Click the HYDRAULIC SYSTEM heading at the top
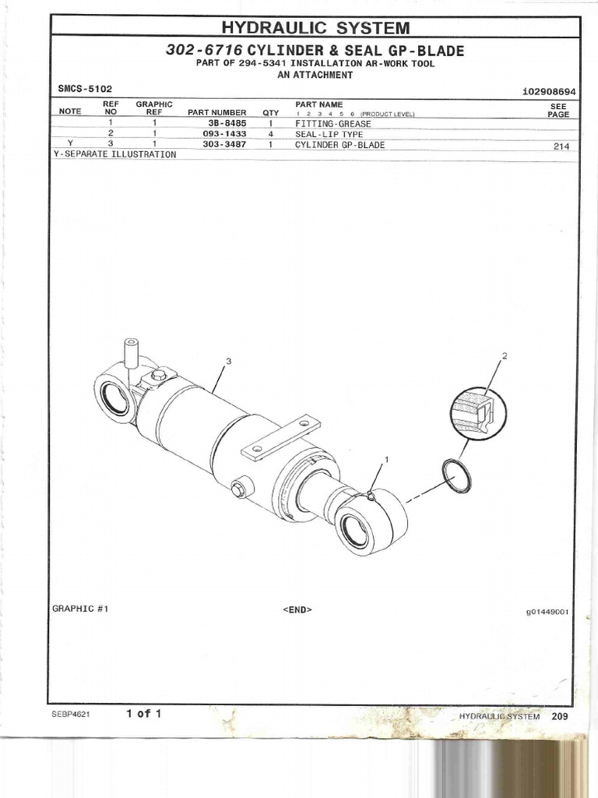tap(315, 28)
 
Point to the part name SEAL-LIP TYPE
tap(329, 134)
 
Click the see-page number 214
tap(561, 146)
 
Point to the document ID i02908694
tap(549, 91)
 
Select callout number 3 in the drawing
tap(229, 361)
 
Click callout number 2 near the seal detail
tap(505, 356)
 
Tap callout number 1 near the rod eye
tap(387, 460)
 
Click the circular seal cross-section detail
tap(477, 411)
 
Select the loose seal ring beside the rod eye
tap(456, 476)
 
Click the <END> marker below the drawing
tap(297, 609)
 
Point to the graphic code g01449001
tap(547, 612)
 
